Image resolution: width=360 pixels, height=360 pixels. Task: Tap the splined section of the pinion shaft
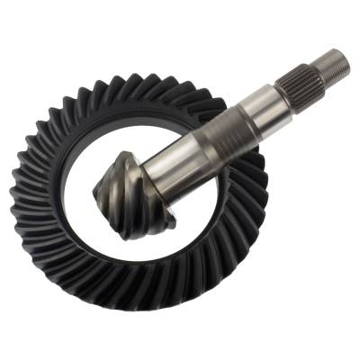303,78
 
